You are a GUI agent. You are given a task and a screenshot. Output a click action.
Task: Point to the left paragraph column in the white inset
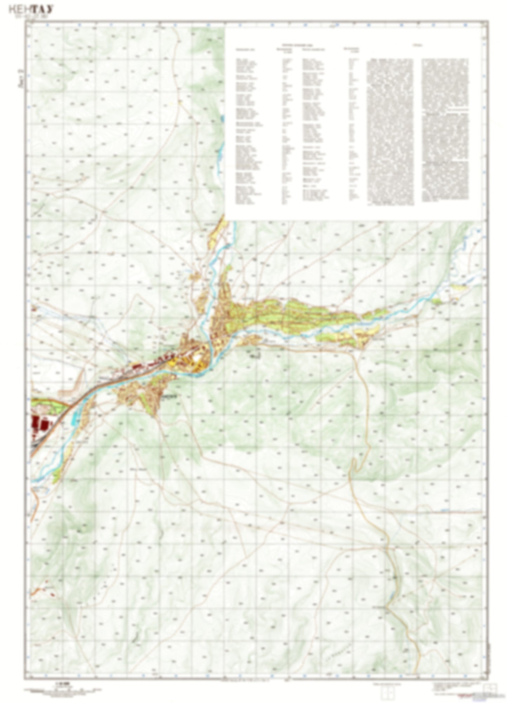pos(389,132)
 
